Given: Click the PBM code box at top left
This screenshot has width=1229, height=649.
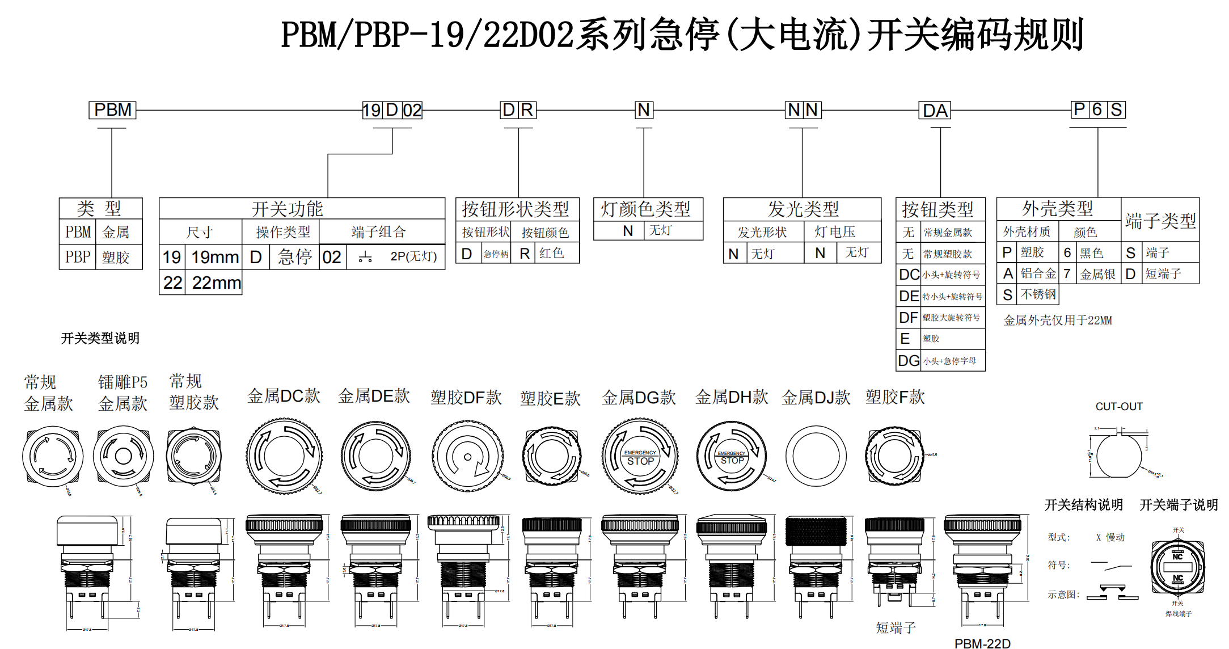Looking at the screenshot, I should tap(112, 109).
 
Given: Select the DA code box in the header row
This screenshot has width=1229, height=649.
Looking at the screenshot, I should tap(935, 110).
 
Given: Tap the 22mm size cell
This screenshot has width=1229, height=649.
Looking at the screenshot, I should tap(216, 283).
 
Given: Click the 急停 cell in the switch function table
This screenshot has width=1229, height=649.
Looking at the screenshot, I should tap(295, 257).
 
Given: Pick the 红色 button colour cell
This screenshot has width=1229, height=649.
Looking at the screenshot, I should tap(552, 253).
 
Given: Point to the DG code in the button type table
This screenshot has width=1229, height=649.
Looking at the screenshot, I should tap(909, 361).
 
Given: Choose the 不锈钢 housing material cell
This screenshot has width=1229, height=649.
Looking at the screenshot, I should tap(1038, 294).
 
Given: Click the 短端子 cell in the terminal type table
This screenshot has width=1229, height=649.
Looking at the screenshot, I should tap(1163, 274).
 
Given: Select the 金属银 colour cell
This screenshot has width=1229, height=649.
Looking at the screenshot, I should tap(1097, 274).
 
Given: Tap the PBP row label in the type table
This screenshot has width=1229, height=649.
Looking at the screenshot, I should tap(78, 257).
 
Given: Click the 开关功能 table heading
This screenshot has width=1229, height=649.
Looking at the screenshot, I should tap(287, 209).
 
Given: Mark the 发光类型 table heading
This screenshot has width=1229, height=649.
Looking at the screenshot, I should tap(803, 209).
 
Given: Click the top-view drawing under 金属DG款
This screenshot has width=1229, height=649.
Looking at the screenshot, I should tap(640, 456).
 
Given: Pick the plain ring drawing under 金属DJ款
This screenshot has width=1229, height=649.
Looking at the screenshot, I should tap(816, 456).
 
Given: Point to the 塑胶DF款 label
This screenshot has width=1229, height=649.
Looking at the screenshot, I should tap(466, 397).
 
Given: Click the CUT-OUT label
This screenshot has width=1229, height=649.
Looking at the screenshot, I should tap(1118, 407).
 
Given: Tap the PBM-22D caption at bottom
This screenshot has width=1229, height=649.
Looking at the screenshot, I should tap(982, 643).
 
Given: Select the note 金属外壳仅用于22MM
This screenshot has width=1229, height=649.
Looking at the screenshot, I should tap(1057, 321).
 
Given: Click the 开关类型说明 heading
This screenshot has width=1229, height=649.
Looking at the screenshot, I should tap(100, 339).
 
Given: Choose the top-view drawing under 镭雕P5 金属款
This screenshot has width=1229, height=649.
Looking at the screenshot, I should tap(123, 456).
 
